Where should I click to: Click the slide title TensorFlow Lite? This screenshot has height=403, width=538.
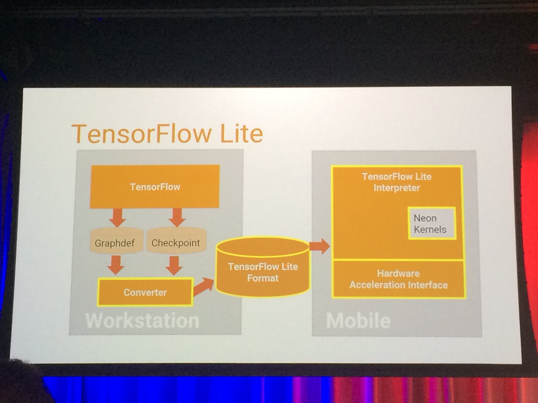(167, 133)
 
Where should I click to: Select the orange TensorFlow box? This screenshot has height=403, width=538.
(155, 187)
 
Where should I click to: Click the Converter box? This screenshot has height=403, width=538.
(145, 292)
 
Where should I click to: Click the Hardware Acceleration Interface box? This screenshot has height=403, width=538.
(398, 279)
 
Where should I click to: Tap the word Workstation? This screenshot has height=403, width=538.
(142, 321)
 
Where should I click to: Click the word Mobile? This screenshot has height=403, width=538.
(358, 321)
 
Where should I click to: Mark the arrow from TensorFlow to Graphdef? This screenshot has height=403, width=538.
(117, 217)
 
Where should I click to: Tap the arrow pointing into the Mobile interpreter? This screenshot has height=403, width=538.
(319, 246)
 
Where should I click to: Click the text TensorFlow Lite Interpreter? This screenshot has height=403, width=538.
(397, 182)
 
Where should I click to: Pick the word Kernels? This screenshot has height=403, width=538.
(430, 230)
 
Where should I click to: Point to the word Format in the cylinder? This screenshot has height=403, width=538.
(263, 278)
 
